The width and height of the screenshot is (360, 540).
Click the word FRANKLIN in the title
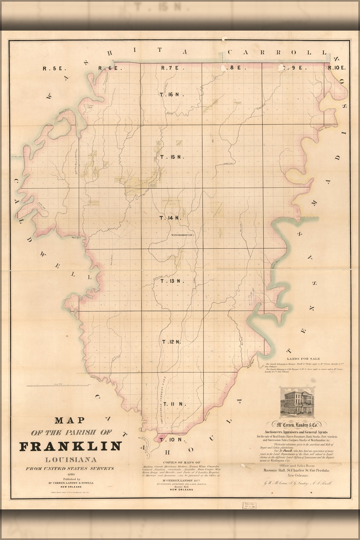(x=70, y=446)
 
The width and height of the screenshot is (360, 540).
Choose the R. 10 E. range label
(x=337, y=68)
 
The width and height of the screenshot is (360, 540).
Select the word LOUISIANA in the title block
(x=70, y=459)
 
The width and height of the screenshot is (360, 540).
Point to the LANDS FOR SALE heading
(x=303, y=359)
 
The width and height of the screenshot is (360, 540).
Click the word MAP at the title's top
(x=70, y=420)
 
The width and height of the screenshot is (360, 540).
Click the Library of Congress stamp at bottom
(x=249, y=515)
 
